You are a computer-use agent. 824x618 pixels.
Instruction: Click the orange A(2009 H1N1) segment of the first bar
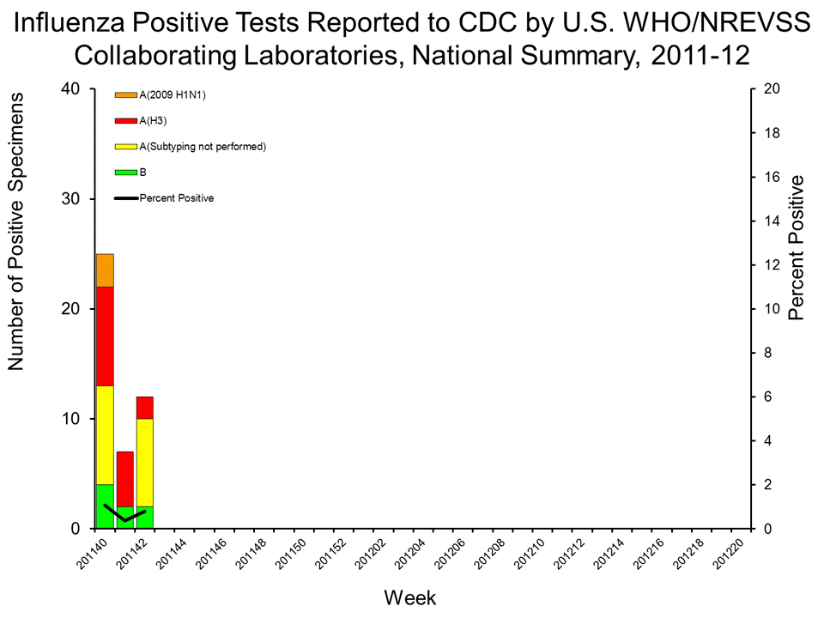point(105,270)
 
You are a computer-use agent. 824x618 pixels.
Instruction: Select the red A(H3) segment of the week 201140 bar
point(105,336)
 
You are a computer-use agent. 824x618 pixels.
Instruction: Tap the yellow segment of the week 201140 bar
point(105,435)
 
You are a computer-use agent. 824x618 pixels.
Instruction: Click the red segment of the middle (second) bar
point(124,479)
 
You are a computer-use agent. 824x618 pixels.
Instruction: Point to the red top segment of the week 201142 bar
point(144,408)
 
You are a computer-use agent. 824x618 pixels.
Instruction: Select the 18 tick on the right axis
point(769,133)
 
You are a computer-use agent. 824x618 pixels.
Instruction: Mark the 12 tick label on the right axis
point(769,265)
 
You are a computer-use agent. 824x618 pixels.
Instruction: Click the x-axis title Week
point(411,597)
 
